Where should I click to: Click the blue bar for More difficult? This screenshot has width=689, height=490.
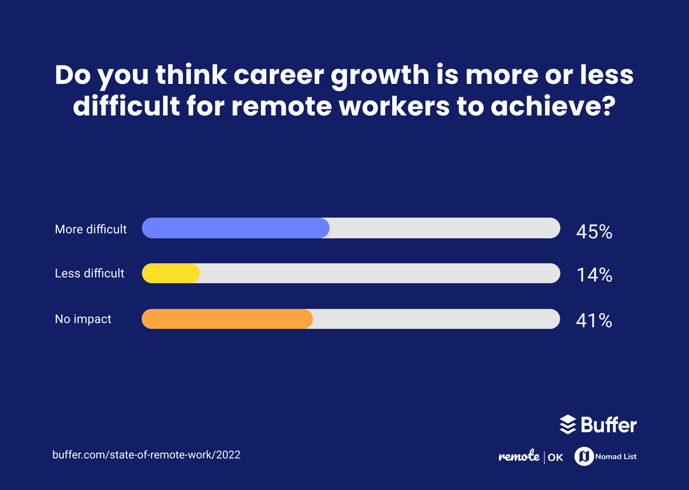pyautogui.click(x=235, y=228)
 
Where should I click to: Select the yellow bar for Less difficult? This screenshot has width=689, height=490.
pyautogui.click(x=171, y=273)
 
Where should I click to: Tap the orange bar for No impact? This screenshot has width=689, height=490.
pyautogui.click(x=227, y=319)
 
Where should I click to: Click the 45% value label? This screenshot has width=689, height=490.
pyautogui.click(x=594, y=232)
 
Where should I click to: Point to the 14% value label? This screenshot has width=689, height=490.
pyautogui.click(x=594, y=276)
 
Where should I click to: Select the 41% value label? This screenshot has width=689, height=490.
pyautogui.click(x=594, y=321)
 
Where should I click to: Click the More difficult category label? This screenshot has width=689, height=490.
pyautogui.click(x=91, y=229)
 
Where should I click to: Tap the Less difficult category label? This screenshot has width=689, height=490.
pyautogui.click(x=90, y=273)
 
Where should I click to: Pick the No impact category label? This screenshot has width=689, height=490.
pyautogui.click(x=83, y=319)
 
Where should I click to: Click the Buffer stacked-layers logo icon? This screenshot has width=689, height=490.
pyautogui.click(x=568, y=425)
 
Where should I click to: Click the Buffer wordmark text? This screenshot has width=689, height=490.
pyautogui.click(x=609, y=425)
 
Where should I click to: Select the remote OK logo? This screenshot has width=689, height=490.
pyautogui.click(x=531, y=457)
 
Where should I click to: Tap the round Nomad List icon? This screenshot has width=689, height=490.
pyautogui.click(x=584, y=456)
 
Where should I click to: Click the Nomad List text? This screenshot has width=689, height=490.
pyautogui.click(x=617, y=457)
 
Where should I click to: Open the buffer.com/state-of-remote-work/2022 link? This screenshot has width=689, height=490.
pyautogui.click(x=146, y=455)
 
